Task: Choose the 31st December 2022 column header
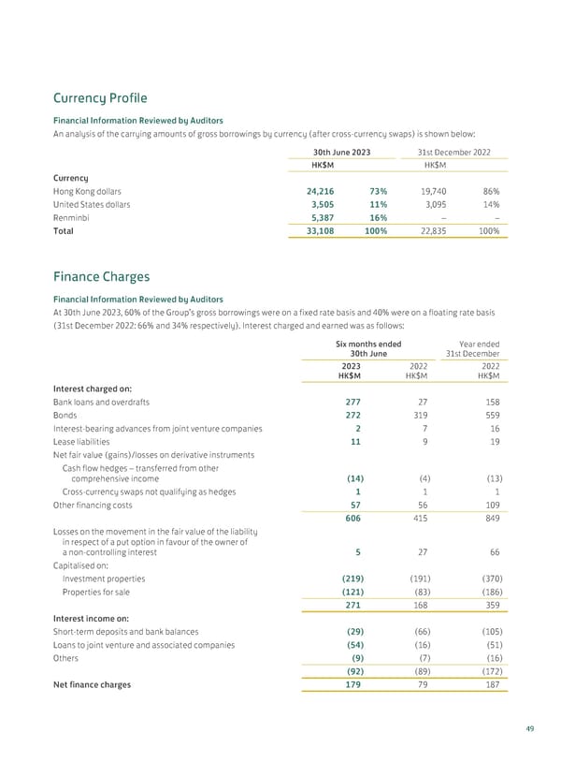453,153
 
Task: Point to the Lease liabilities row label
86,442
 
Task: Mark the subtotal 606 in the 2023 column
354,519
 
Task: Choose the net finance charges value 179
354,684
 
